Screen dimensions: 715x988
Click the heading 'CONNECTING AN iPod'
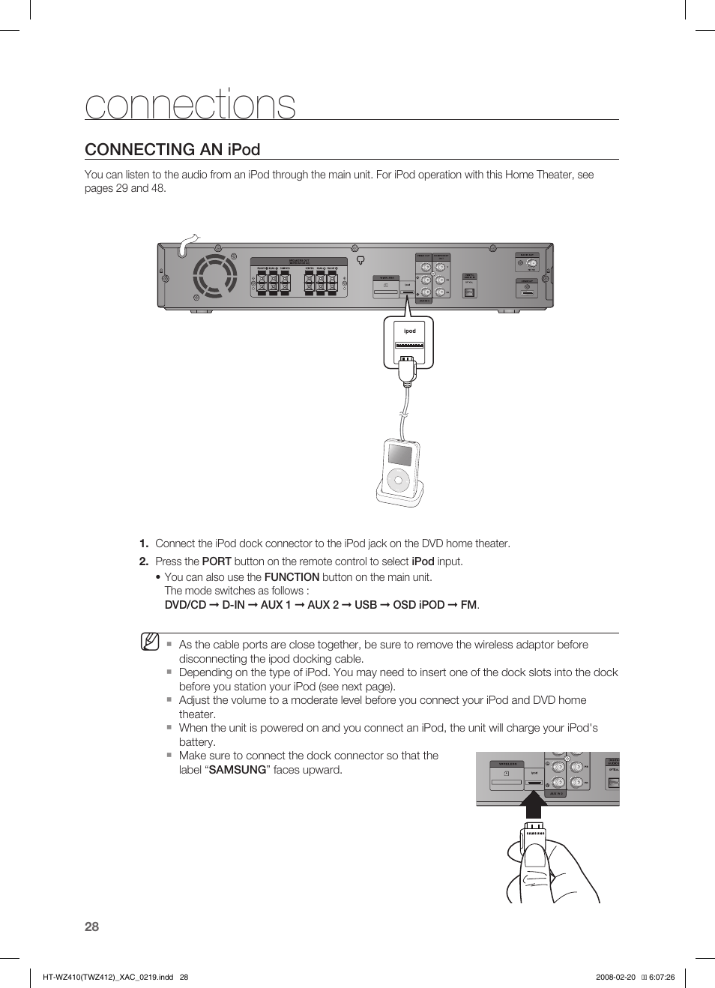[x=172, y=149]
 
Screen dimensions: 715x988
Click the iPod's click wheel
[x=399, y=480]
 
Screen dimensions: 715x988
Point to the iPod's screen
[x=399, y=454]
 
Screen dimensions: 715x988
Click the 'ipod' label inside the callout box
[x=409, y=331]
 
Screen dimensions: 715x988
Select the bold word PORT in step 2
[x=217, y=561]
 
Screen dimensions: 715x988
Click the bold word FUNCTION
[x=292, y=577]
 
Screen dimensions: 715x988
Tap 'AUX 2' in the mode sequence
[x=323, y=605]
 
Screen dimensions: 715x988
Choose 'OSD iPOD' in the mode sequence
[x=418, y=605]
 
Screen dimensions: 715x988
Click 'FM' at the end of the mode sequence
[x=468, y=605]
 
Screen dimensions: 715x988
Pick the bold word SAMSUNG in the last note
[x=238, y=770]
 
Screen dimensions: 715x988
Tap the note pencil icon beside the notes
[x=150, y=642]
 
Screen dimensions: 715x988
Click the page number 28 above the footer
[x=91, y=927]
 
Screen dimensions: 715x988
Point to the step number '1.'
[x=144, y=543]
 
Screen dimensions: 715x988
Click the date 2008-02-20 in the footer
[x=615, y=977]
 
